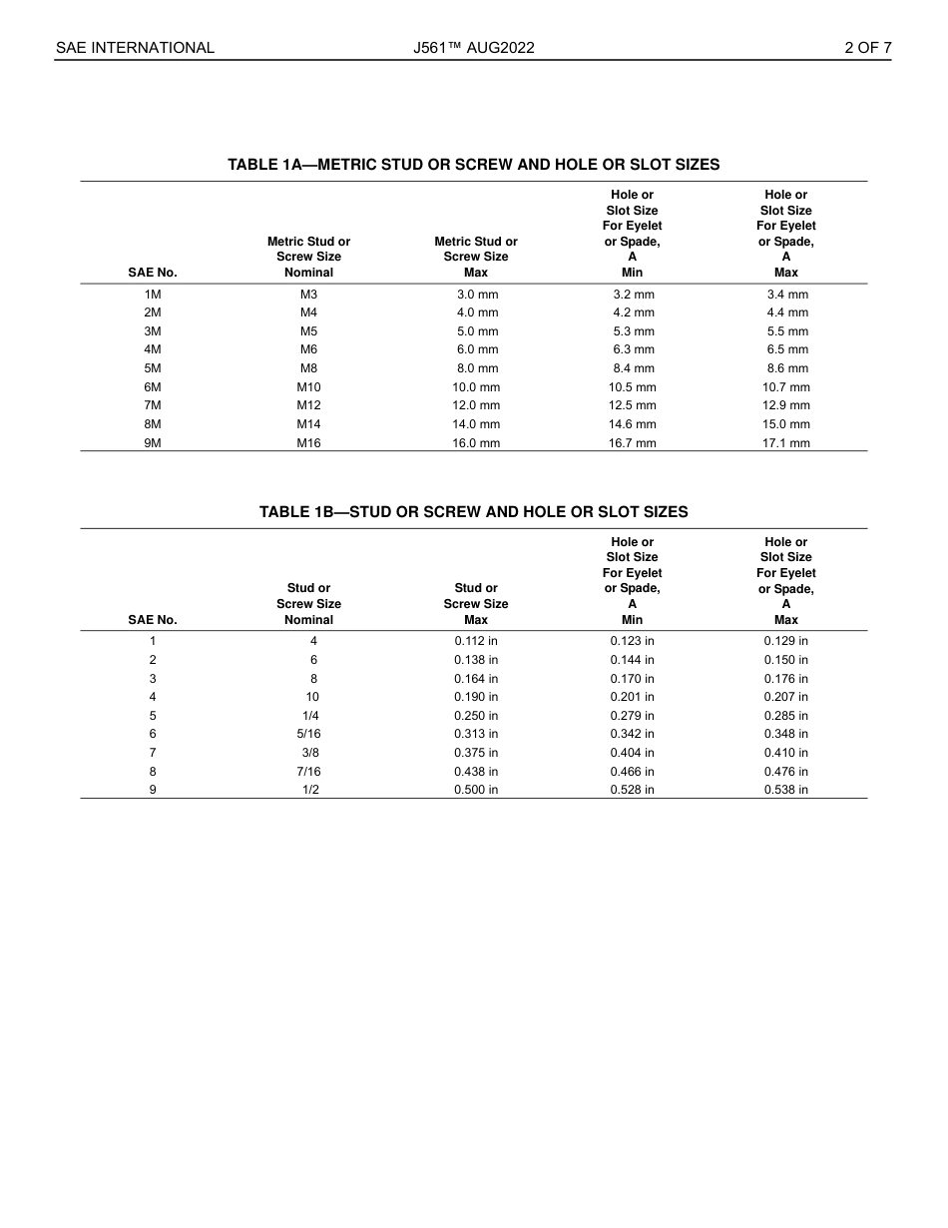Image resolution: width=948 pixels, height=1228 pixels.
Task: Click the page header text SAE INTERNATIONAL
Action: tap(135, 48)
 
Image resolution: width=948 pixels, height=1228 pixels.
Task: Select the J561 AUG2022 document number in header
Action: tap(473, 48)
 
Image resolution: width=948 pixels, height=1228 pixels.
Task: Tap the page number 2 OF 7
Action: tap(867, 48)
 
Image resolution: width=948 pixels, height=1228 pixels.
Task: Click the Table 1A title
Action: tap(473, 165)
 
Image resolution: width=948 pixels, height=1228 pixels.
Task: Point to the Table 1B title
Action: tap(473, 512)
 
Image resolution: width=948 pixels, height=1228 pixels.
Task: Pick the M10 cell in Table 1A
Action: tap(308, 387)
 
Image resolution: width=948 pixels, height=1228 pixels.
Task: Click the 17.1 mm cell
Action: tap(785, 443)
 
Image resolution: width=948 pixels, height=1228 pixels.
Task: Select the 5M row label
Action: tap(153, 368)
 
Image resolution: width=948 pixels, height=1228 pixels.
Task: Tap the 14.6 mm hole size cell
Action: tap(632, 424)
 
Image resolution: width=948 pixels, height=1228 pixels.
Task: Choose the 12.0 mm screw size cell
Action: tap(476, 405)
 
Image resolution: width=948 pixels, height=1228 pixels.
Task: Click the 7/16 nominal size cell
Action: tap(308, 772)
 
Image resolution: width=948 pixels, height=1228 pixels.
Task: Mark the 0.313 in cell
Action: tap(476, 734)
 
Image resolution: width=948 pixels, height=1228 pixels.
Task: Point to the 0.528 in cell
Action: tap(632, 790)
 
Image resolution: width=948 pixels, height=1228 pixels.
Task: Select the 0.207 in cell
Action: tap(785, 697)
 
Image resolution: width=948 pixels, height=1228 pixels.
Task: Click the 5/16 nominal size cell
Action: tap(308, 734)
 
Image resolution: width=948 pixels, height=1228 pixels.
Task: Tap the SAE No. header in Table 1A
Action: tap(153, 273)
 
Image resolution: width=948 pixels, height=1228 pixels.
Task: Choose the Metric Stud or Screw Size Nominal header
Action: tap(308, 257)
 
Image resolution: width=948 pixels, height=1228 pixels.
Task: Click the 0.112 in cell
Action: tap(476, 641)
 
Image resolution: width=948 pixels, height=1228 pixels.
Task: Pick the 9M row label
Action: tap(153, 443)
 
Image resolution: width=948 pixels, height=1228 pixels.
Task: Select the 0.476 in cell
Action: tap(785, 772)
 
